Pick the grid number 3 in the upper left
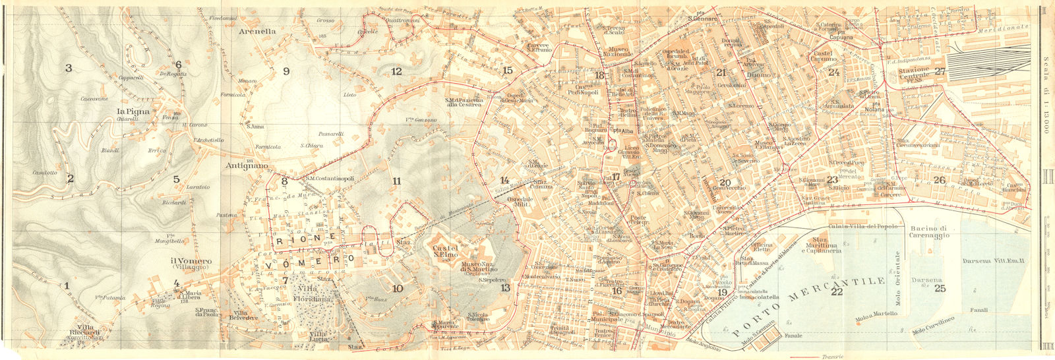tap(68, 68)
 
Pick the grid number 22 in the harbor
tap(837, 292)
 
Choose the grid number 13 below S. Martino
tap(505, 288)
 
